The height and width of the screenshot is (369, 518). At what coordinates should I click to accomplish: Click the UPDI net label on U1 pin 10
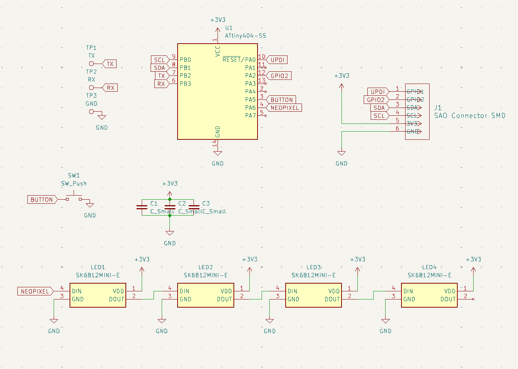[x=277, y=60]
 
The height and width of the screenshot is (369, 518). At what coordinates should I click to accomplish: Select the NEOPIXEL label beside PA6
[x=284, y=108]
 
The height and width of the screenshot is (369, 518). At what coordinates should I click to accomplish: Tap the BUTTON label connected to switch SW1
[x=41, y=200]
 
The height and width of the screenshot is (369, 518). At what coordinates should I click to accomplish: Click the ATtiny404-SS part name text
[x=245, y=36]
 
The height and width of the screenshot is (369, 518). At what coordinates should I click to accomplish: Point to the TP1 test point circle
[x=91, y=64]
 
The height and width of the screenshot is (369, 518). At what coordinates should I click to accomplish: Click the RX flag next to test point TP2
[x=110, y=88]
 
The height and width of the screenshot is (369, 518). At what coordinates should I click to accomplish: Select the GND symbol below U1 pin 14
[x=218, y=153]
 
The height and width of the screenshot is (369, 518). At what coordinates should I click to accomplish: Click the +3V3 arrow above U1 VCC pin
[x=218, y=30]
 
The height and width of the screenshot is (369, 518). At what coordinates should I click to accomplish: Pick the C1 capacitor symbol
[x=142, y=207]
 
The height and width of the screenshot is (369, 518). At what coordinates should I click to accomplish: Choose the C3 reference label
[x=206, y=203]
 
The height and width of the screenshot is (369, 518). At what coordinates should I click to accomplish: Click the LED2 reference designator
[x=206, y=267]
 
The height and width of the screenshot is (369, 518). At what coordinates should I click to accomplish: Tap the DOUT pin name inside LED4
[x=448, y=299]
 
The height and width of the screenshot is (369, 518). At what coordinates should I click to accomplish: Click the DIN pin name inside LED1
[x=77, y=291]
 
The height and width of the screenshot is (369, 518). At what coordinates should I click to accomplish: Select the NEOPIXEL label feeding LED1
[x=35, y=291]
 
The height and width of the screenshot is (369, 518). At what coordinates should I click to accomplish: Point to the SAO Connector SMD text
[x=470, y=116]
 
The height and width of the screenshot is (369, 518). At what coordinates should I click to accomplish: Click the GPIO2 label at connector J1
[x=376, y=100]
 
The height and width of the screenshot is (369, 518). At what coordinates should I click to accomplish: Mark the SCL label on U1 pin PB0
[x=159, y=60]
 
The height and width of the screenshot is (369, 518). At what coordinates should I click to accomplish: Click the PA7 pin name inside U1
[x=250, y=115]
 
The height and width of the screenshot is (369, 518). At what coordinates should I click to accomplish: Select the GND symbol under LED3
[x=270, y=321]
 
